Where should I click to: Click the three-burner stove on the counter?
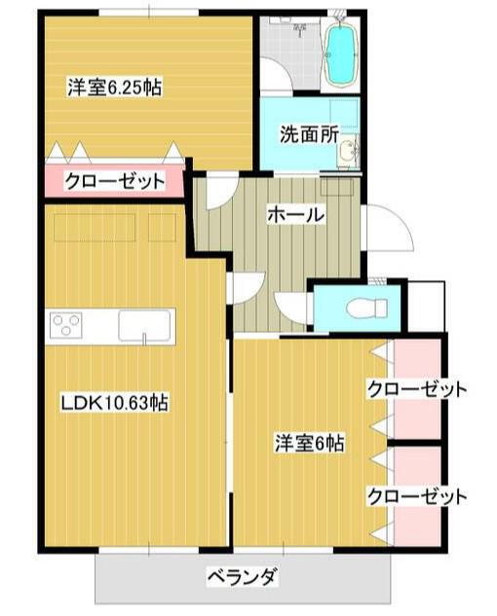pyautogui.click(x=65, y=325)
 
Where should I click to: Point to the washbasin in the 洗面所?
pyautogui.click(x=348, y=151)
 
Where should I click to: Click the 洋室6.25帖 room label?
pyautogui.click(x=115, y=88)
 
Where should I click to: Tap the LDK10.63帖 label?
pyautogui.click(x=114, y=402)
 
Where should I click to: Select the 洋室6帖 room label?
pyautogui.click(x=309, y=443)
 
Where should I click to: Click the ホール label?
pyautogui.click(x=296, y=215)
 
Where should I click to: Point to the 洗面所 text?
pyautogui.click(x=309, y=135)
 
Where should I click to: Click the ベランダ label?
pyautogui.click(x=243, y=577)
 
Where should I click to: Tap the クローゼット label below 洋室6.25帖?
pyautogui.click(x=115, y=182)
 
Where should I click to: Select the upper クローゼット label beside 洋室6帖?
pyautogui.click(x=417, y=389)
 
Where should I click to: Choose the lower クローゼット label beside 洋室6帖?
pyautogui.click(x=417, y=496)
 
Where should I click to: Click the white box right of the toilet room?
pyautogui.click(x=426, y=307)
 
